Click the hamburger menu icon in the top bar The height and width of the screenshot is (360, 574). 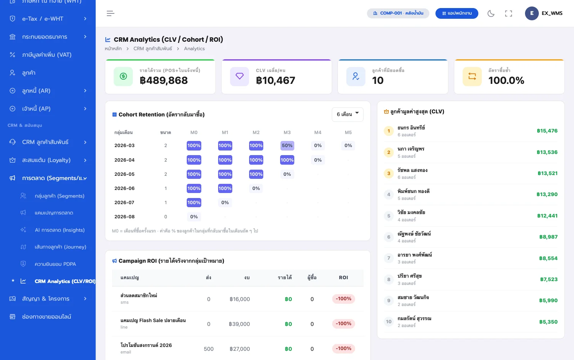[111, 13]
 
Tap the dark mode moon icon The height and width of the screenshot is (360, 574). [491, 13]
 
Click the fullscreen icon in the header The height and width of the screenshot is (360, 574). [509, 13]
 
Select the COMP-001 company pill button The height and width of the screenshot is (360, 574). [398, 13]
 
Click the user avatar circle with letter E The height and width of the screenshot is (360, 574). [532, 13]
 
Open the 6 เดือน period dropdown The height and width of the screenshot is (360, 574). [347, 115]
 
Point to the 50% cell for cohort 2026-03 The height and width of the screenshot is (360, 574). [287, 146]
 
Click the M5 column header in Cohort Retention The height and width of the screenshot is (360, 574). [348, 132]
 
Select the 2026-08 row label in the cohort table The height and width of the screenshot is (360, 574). [124, 217]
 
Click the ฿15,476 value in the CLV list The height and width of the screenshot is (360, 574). [547, 131]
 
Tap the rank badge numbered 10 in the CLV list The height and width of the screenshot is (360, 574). [389, 322]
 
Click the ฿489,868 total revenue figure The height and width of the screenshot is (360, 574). [164, 80]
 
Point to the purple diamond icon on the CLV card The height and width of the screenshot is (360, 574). [239, 77]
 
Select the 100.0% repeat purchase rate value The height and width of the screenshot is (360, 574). [506, 80]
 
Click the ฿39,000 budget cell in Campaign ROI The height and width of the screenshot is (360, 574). [239, 324]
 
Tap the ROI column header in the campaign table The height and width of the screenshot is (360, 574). [343, 277]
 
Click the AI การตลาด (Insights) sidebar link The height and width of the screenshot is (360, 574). [60, 230]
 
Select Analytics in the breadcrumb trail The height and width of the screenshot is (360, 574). [194, 49]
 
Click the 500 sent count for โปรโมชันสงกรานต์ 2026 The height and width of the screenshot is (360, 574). [209, 349]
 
